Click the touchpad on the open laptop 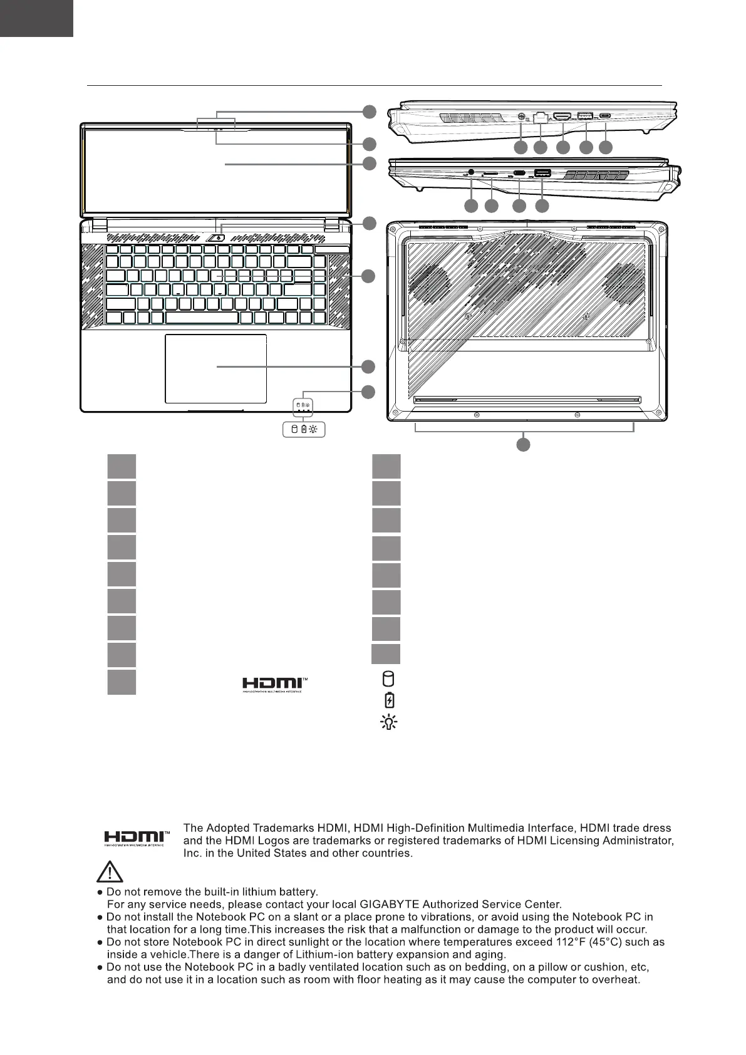click(215, 368)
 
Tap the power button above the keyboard click(217, 237)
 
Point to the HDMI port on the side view click(562, 117)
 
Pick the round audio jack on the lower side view click(471, 172)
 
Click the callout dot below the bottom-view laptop click(523, 445)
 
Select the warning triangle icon click(110, 871)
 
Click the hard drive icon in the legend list click(388, 678)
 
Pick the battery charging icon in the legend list click(389, 700)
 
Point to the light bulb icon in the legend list click(389, 722)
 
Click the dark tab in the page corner click(36, 18)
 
